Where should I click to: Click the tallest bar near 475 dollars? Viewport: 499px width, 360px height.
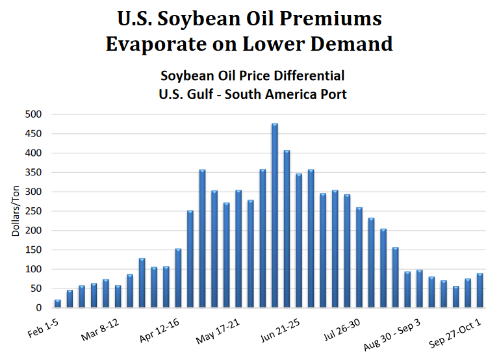(275, 215)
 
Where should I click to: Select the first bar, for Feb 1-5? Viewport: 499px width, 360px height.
(58, 303)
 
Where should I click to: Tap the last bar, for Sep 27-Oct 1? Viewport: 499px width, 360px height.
(480, 290)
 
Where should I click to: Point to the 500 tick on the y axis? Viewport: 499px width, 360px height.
(32, 114)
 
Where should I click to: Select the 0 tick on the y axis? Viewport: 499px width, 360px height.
(38, 307)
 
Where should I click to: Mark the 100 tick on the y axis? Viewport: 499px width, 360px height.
(32, 269)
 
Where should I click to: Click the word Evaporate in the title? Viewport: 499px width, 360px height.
(162, 44)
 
